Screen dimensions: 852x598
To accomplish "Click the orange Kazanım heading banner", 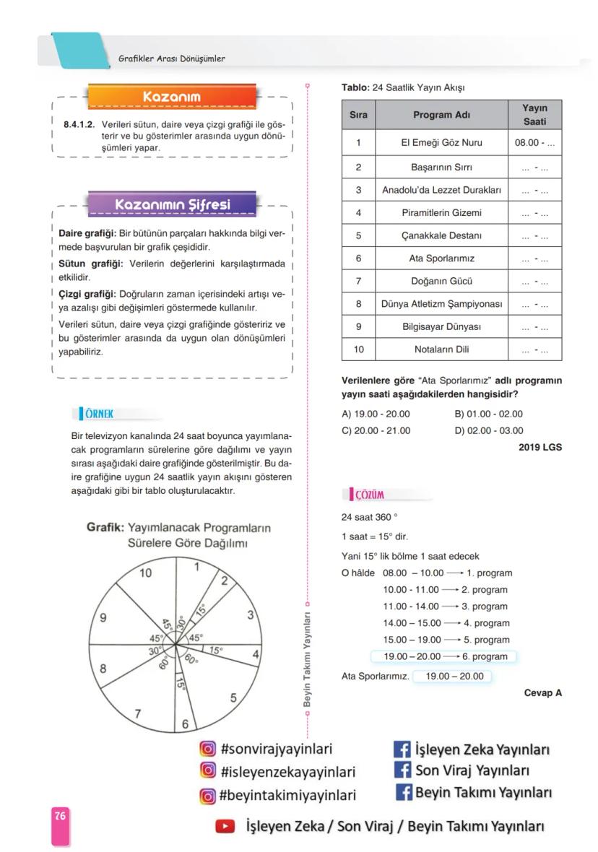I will pyautogui.click(x=172, y=97).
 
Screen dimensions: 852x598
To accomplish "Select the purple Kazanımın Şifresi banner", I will pyautogui.click(x=172, y=204).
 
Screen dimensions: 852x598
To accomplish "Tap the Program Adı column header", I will pyautogui.click(x=441, y=115).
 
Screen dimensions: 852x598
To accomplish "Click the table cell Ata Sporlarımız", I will pyautogui.click(x=441, y=258).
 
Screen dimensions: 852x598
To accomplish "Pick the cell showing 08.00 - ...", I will pyautogui.click(x=534, y=143).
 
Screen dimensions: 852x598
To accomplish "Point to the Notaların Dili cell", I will pyautogui.click(x=441, y=349).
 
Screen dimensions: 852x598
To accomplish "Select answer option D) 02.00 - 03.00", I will pyautogui.click(x=489, y=430).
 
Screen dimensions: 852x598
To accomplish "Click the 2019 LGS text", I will pyautogui.click(x=539, y=447).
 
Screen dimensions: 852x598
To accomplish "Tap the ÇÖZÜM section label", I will pyautogui.click(x=369, y=495).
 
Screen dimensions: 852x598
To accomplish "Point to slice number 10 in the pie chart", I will pyautogui.click(x=146, y=573).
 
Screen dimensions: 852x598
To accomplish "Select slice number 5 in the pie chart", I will pyautogui.click(x=233, y=697).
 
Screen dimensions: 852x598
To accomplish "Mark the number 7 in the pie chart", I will pyautogui.click(x=137, y=714).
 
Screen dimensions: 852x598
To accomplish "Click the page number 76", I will pyautogui.click(x=59, y=815).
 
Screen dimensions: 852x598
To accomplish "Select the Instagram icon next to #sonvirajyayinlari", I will pyautogui.click(x=208, y=749).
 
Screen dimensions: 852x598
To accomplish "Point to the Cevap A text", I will pyautogui.click(x=542, y=692).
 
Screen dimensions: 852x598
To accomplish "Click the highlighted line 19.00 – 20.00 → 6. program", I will pyautogui.click(x=443, y=656).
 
